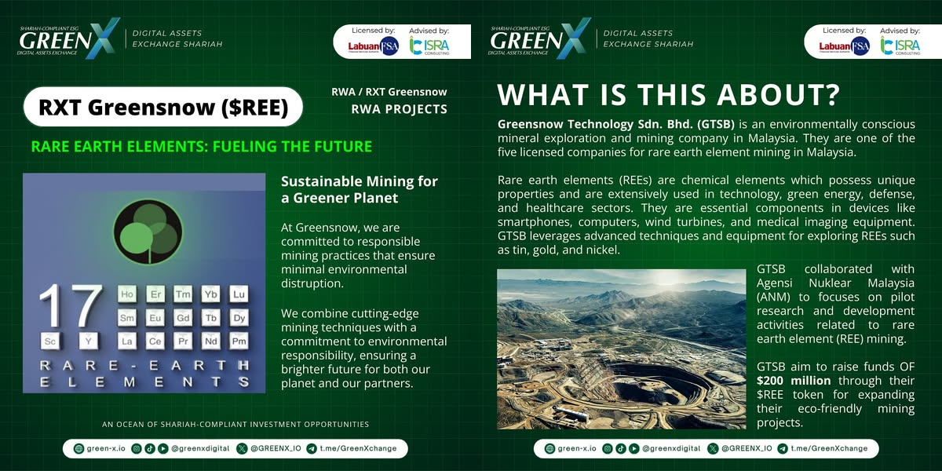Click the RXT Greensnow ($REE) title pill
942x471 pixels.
(x=163, y=107)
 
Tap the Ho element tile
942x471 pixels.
(x=126, y=294)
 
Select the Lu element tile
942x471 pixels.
(x=239, y=294)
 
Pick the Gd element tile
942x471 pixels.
(x=183, y=317)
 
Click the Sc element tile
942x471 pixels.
(x=50, y=341)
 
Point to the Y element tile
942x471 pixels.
(x=88, y=341)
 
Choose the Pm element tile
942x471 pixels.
(x=239, y=341)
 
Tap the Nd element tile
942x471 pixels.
(x=210, y=341)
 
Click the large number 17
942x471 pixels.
(x=71, y=305)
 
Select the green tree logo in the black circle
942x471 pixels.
(x=148, y=232)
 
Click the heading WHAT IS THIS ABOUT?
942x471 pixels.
(x=668, y=94)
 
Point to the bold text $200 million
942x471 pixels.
(x=794, y=381)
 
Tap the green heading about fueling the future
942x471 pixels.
(x=202, y=146)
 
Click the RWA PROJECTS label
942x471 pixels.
(x=399, y=109)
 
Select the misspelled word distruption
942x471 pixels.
(x=312, y=283)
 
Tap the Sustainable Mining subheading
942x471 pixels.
(x=360, y=190)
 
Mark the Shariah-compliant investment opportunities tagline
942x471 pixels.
(x=235, y=425)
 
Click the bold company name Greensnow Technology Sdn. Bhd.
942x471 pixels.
(x=616, y=125)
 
